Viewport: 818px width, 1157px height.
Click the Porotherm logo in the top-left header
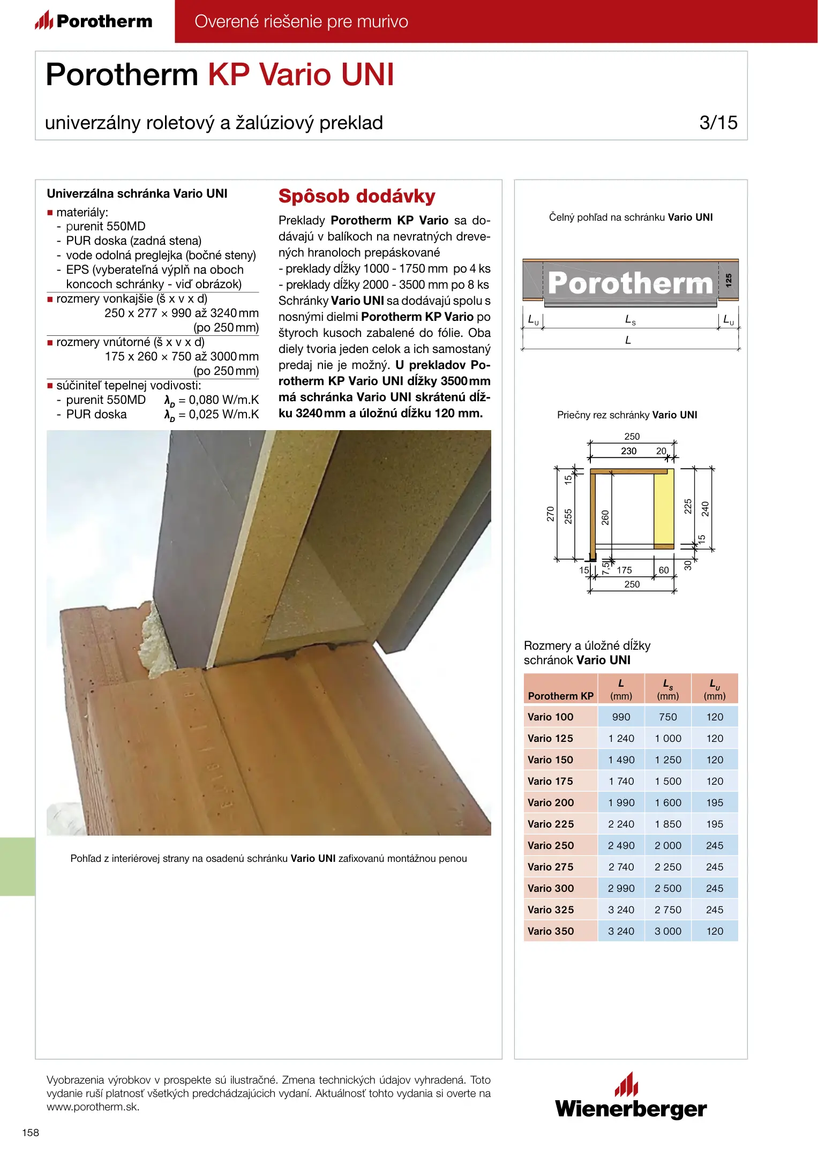click(94, 21)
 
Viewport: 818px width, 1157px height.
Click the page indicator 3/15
click(718, 123)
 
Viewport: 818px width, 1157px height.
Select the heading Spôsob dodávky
click(357, 196)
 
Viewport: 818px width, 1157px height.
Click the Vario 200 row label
click(551, 802)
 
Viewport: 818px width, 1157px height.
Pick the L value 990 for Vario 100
click(621, 717)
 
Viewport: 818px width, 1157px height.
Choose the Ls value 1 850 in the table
click(668, 824)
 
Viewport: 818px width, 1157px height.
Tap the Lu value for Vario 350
click(715, 931)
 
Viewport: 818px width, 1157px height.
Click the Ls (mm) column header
click(668, 689)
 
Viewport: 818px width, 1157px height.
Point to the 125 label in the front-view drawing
click(729, 280)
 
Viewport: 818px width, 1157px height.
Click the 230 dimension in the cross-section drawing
click(629, 451)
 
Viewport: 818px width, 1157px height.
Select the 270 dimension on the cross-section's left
click(550, 514)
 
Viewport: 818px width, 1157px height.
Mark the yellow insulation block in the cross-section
click(664, 509)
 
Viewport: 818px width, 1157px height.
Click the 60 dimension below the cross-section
click(664, 570)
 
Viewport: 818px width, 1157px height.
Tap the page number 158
click(31, 1132)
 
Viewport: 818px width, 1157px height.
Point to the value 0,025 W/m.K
click(223, 415)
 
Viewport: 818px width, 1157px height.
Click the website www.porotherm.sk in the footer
click(93, 1107)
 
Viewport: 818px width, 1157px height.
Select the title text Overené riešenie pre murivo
click(301, 21)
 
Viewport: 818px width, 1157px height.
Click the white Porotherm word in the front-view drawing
click(630, 283)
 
